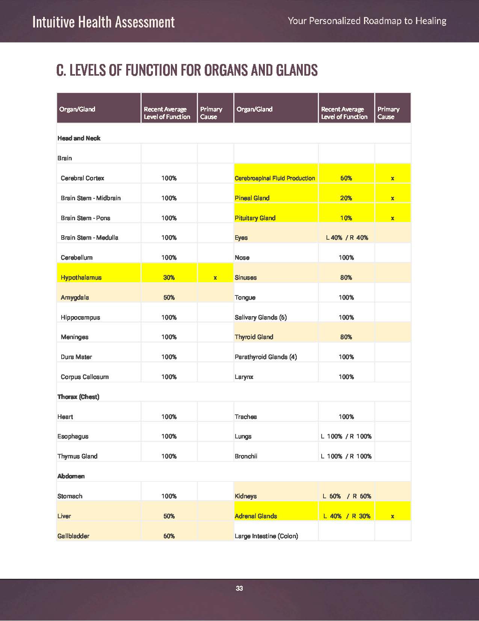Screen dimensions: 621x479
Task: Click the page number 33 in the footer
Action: pos(239,588)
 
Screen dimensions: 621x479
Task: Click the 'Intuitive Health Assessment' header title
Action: pos(103,22)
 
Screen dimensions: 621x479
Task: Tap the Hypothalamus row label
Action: pos(81,277)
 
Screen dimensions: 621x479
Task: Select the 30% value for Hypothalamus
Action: pos(169,277)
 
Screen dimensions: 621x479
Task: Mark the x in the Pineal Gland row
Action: pos(392,198)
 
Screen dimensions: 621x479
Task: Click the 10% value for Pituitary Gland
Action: pos(346,218)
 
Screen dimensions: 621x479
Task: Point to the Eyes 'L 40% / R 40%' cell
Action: pos(347,237)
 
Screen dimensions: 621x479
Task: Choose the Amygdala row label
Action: pos(75,297)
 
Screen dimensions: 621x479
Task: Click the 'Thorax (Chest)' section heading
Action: pos(78,397)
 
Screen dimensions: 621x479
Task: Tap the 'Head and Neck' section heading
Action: pos(79,138)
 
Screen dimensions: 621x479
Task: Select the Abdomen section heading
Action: pos(71,476)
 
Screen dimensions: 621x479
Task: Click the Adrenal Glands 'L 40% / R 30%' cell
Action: pos(347,516)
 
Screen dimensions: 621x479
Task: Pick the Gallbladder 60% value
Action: pos(169,536)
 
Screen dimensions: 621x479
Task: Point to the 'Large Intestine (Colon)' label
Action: pos(266,536)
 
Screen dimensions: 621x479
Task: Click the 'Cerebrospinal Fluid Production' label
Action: pos(275,178)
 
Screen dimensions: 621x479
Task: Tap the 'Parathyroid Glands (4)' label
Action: pos(266,357)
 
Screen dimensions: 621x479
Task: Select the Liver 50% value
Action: pos(169,516)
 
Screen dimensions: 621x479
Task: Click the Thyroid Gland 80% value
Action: pos(346,337)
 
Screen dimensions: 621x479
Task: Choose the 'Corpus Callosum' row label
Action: pos(85,377)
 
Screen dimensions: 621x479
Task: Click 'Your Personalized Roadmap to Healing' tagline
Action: pos(367,21)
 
